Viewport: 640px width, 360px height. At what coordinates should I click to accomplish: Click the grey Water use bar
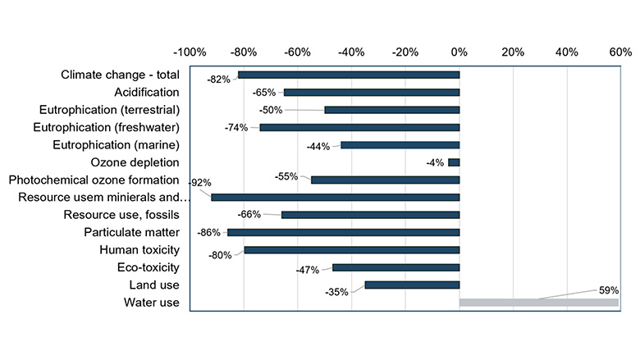click(x=538, y=303)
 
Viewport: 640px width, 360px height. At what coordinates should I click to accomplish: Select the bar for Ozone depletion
click(x=454, y=162)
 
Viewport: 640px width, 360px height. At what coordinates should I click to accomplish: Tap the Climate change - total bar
click(x=349, y=75)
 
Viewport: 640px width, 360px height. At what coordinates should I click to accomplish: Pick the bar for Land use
click(x=412, y=285)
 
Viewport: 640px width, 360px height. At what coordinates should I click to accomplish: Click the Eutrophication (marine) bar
click(x=400, y=145)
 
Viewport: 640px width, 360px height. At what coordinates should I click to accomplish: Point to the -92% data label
click(x=200, y=182)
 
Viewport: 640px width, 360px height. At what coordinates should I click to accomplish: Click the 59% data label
click(x=608, y=289)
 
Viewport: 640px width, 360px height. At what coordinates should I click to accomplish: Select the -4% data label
click(x=435, y=162)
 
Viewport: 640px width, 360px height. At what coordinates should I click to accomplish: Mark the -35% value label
click(x=336, y=291)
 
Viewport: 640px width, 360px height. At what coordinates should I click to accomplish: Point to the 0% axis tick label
click(x=459, y=52)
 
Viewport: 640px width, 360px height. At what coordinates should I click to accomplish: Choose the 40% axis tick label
click(x=566, y=52)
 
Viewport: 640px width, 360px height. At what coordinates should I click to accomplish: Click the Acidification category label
click(x=146, y=92)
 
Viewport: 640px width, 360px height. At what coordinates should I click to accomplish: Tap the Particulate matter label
click(x=131, y=232)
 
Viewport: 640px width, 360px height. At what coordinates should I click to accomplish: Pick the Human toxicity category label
click(x=139, y=249)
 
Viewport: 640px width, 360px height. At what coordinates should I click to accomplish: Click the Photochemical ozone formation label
click(x=94, y=180)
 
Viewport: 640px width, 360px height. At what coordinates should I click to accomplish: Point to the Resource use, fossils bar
click(x=370, y=215)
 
